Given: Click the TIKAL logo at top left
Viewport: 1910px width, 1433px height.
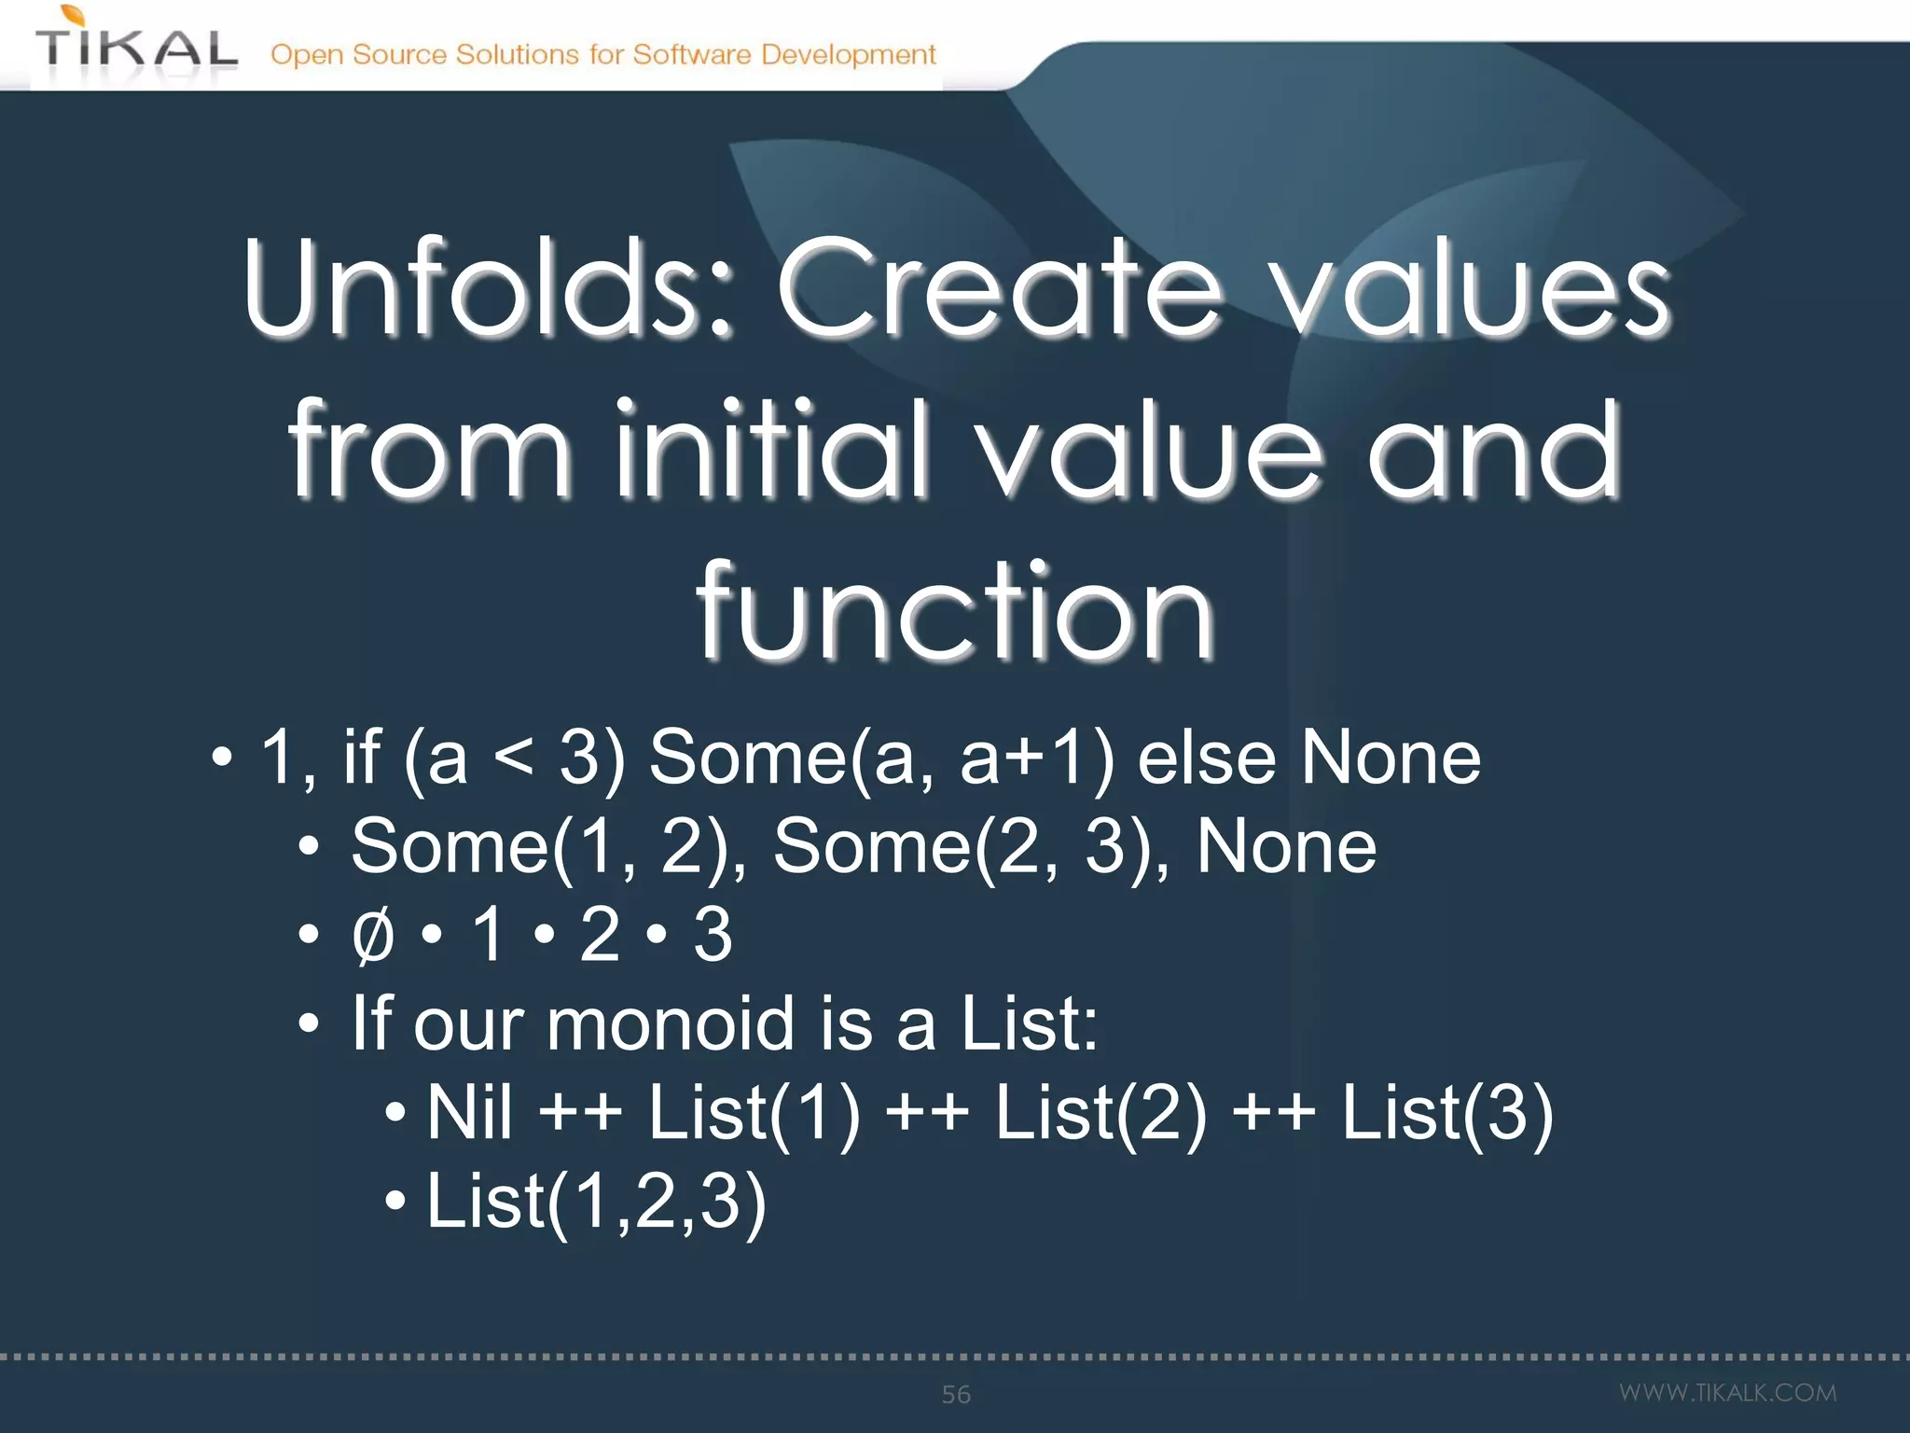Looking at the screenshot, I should coord(136,47).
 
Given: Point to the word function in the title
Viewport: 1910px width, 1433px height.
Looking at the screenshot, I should coord(955,611).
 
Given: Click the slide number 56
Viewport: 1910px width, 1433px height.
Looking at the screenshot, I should coord(956,1395).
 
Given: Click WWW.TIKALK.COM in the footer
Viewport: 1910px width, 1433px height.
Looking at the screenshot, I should coord(1727,1393).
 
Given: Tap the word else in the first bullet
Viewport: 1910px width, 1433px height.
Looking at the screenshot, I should coord(1205,758).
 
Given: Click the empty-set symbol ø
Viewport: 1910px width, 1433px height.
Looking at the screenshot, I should coord(373,936).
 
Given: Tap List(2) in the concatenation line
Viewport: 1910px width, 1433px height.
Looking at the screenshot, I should coord(1100,1113).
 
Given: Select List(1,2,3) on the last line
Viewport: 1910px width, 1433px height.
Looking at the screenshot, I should coord(595,1203).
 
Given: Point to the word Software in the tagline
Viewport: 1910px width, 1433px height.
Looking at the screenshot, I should coord(692,54).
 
